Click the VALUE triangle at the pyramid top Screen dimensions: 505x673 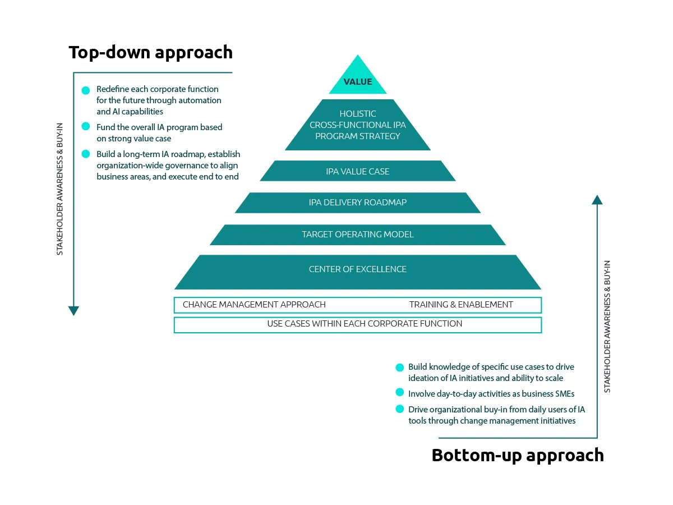(x=358, y=81)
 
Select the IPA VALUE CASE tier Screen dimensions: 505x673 (x=358, y=171)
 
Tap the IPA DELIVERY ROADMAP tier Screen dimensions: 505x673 (x=358, y=203)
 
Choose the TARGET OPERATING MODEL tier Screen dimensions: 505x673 (x=358, y=235)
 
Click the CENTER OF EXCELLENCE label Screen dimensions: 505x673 (x=358, y=269)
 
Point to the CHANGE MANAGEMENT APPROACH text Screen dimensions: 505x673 (x=254, y=305)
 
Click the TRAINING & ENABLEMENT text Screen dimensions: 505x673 (x=461, y=305)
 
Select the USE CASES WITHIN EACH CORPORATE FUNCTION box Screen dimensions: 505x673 (x=358, y=324)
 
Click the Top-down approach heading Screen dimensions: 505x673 (x=150, y=52)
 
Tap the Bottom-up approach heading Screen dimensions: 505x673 (x=517, y=454)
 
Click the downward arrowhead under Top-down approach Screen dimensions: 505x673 (x=73, y=311)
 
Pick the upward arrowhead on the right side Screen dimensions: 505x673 (x=597, y=199)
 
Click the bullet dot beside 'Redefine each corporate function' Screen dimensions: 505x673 (x=86, y=90)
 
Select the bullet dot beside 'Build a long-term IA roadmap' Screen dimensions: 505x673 (x=86, y=154)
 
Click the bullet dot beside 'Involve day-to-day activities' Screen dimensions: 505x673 (x=399, y=392)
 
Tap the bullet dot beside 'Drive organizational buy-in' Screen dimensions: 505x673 (x=399, y=409)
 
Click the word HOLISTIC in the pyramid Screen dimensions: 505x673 (x=358, y=114)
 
